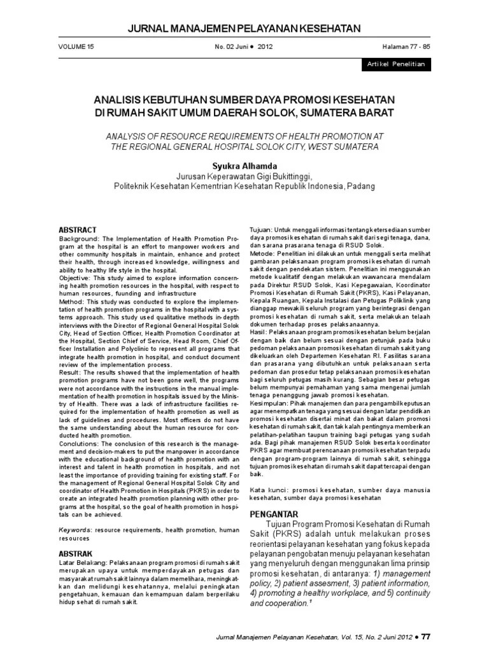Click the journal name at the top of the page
point(244,28)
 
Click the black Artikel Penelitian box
point(395,65)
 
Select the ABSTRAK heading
point(76,553)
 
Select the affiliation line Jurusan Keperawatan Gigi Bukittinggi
point(244,176)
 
